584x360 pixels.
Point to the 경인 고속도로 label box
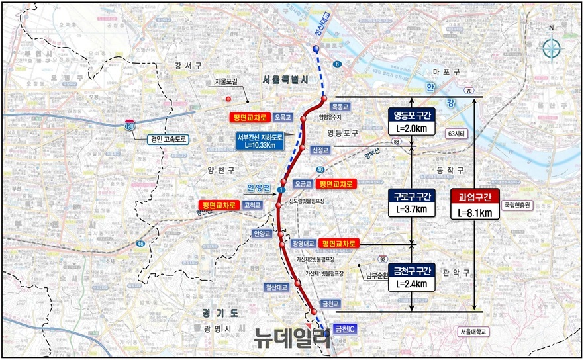click(169, 140)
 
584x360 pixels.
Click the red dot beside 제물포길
click(228, 99)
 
